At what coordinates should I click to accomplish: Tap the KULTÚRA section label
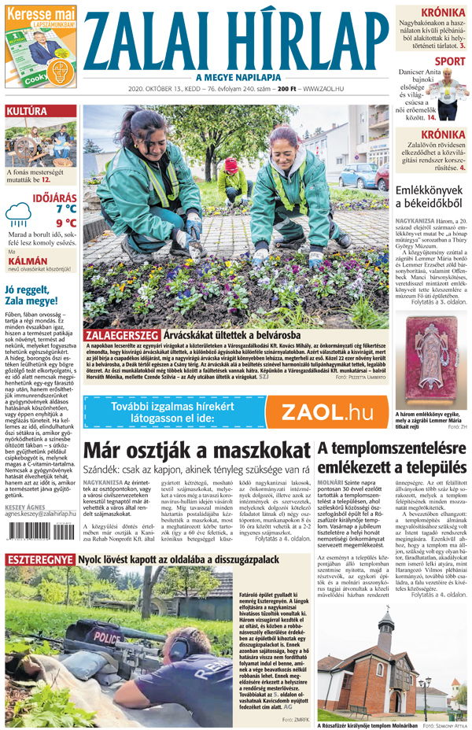(27, 112)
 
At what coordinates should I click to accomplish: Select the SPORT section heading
(450, 61)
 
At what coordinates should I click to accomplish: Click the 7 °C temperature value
(66, 208)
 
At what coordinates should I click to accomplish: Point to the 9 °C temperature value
(66, 223)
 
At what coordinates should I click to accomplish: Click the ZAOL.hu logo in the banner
(326, 411)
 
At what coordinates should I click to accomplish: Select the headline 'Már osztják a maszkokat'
(195, 452)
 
